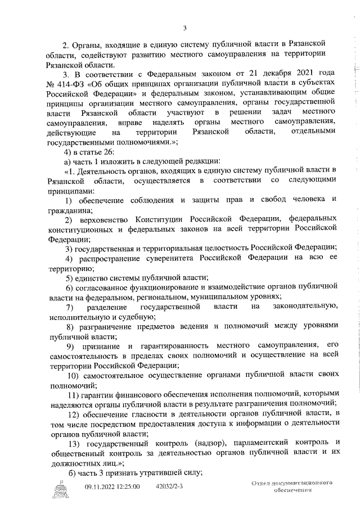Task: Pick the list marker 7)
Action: click(x=70, y=307)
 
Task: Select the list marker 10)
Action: click(x=74, y=375)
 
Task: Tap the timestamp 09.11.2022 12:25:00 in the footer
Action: click(x=112, y=487)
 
